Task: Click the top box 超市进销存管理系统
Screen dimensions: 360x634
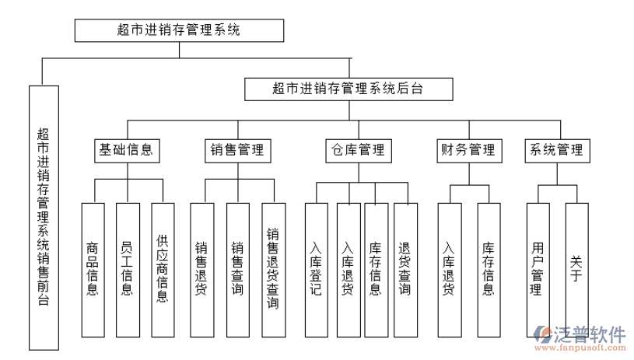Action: coord(179,30)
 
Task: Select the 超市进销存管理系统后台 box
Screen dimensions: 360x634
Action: coord(348,89)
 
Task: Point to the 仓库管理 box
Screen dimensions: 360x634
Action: coord(357,150)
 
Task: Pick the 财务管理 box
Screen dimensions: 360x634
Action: coord(468,150)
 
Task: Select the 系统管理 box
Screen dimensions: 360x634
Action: coord(556,150)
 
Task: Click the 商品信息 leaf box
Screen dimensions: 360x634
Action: coord(93,269)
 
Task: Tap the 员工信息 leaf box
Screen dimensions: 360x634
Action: coord(128,269)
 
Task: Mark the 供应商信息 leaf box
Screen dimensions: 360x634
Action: coord(162,269)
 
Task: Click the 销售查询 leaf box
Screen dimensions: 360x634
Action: coord(237,269)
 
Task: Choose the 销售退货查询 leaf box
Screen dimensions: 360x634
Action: coord(273,269)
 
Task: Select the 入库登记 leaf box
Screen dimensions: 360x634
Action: coord(316,269)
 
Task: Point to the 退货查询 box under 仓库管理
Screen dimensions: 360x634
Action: coord(405,269)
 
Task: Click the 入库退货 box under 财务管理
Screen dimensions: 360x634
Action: coord(449,269)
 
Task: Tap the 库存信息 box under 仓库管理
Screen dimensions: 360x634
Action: coord(376,269)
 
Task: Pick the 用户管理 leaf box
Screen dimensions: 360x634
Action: coord(538,269)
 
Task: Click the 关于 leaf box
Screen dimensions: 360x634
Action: coord(576,269)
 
